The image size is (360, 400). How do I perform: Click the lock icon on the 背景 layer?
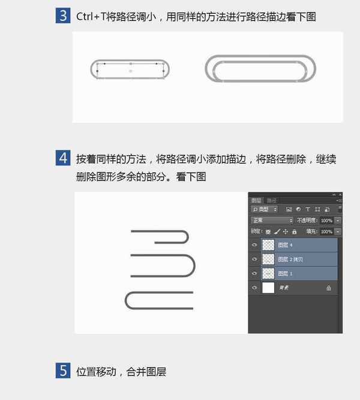[329, 288]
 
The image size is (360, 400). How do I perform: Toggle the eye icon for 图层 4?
[255, 245]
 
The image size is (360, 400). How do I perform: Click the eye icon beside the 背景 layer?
[255, 288]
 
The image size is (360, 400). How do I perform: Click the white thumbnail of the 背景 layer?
[268, 288]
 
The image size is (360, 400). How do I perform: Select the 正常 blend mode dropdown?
[272, 221]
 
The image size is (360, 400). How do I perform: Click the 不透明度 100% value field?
[326, 221]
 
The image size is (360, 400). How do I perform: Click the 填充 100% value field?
[326, 231]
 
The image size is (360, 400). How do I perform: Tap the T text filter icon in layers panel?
[308, 209]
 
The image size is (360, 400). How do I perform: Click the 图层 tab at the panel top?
[256, 200]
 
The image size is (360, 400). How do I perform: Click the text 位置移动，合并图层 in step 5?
[121, 372]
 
